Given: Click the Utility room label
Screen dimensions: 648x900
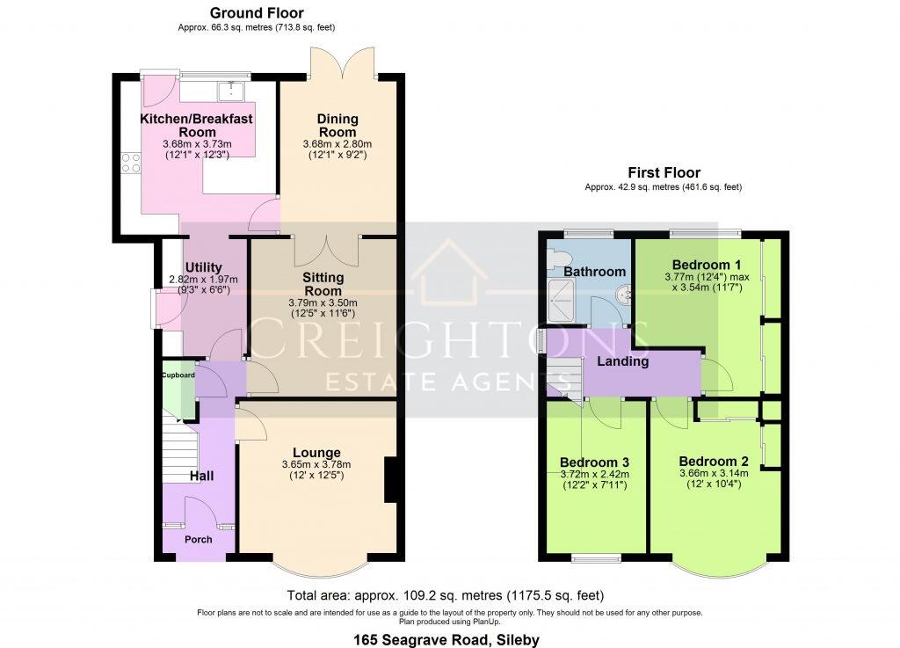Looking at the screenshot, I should tap(203, 268).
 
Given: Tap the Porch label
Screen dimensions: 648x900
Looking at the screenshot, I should tap(198, 539).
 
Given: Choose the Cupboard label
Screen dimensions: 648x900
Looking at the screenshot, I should tap(178, 375).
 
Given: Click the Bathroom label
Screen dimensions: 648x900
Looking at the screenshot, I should tap(595, 272).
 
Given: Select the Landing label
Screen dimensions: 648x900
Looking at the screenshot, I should tap(623, 361).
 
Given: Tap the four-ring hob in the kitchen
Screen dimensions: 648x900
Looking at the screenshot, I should tap(131, 161).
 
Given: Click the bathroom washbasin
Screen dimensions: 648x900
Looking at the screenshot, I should tap(623, 295).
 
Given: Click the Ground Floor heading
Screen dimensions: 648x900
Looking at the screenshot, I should tap(257, 13).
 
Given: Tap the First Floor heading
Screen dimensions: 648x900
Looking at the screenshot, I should tap(664, 173).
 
